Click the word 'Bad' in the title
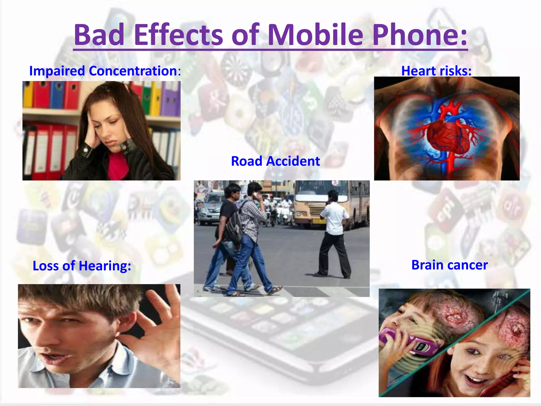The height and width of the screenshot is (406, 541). point(99,35)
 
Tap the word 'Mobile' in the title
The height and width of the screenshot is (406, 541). point(315,35)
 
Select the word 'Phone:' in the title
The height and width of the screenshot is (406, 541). point(420,35)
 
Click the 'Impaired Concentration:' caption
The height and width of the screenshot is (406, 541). point(105,71)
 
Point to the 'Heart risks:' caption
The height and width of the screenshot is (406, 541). point(436,71)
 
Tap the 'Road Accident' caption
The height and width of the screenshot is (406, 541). point(275,161)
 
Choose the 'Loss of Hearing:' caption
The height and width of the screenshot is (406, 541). point(82,266)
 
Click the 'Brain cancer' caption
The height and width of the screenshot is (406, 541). point(450,265)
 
